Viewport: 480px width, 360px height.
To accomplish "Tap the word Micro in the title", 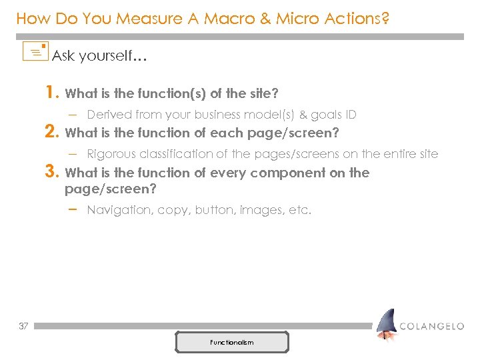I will [296, 19].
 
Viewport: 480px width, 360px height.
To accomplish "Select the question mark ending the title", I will [385, 19].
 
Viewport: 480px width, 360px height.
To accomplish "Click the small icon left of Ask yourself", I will [35, 51].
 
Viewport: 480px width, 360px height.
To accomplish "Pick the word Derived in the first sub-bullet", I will [109, 115].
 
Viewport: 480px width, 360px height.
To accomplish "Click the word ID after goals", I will [350, 115].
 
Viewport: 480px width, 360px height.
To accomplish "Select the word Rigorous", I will [111, 154].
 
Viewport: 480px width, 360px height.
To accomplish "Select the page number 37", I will [23, 326].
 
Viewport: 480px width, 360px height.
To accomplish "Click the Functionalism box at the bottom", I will [232, 342].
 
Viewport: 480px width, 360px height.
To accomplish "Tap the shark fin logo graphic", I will [385, 325].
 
